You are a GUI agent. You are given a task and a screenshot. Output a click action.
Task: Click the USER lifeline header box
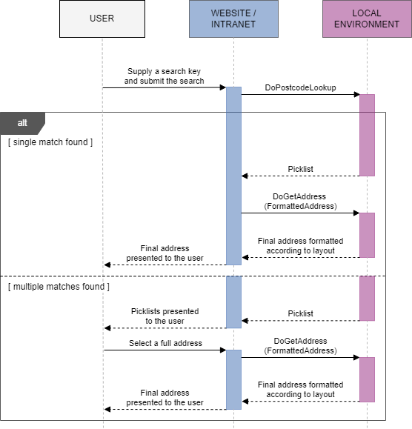(x=102, y=19)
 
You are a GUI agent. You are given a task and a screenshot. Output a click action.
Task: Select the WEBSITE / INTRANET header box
(x=233, y=19)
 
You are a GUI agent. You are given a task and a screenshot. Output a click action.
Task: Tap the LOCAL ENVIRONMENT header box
(x=366, y=19)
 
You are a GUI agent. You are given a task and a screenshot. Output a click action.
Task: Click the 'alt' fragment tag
(x=22, y=122)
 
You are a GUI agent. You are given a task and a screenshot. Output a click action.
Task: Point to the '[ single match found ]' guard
(x=50, y=142)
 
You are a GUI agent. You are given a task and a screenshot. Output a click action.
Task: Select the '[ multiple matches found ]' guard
(x=59, y=286)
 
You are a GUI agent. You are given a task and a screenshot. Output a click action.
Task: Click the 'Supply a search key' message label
(x=164, y=76)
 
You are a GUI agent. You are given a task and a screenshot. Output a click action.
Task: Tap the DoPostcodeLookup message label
(x=300, y=87)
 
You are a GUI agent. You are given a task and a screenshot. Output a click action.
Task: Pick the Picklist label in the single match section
(x=300, y=169)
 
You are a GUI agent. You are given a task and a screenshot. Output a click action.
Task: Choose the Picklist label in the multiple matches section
(x=300, y=313)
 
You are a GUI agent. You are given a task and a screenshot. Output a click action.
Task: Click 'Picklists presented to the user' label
(x=165, y=316)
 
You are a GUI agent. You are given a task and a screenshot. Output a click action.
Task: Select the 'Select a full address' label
(x=165, y=343)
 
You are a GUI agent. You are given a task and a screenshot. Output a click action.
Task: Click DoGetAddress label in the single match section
(x=300, y=201)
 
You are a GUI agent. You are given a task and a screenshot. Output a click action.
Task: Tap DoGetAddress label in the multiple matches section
(x=300, y=345)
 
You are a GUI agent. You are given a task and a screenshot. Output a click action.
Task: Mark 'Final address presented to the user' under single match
(x=165, y=253)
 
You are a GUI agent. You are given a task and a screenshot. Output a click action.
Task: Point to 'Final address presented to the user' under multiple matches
(x=165, y=398)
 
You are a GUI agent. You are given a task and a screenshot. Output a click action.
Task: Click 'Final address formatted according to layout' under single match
(x=300, y=246)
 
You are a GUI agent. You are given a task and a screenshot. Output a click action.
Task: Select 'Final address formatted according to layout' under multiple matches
(x=300, y=390)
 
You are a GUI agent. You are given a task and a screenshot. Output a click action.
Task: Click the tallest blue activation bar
(x=233, y=176)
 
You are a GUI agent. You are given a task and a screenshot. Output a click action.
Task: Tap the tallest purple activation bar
(x=367, y=135)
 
